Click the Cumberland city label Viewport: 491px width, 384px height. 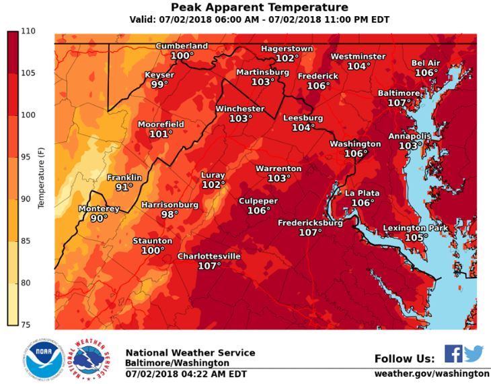(182, 46)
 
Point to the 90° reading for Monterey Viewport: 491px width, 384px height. (99, 218)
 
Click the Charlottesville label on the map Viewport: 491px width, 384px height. (209, 257)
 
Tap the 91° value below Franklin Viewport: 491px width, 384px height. (124, 187)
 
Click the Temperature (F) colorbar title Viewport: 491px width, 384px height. (40, 178)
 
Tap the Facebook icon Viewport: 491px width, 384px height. (453, 354)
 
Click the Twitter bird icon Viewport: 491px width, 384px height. (474, 354)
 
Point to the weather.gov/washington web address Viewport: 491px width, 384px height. (432, 373)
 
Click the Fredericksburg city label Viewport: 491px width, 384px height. (311, 222)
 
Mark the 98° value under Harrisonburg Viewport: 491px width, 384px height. (169, 215)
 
